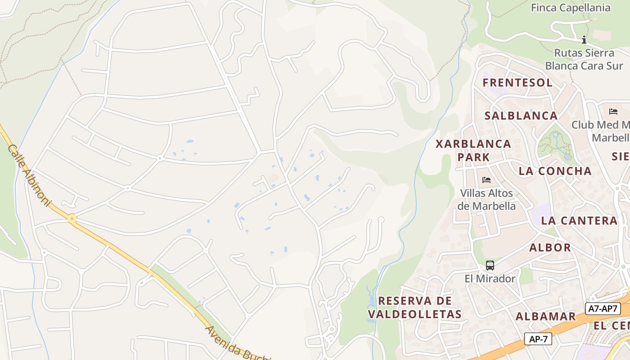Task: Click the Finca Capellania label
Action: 571,8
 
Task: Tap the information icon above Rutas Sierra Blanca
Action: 584,40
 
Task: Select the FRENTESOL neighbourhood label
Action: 517,82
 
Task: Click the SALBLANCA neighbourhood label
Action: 521,116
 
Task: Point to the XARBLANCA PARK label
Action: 473,150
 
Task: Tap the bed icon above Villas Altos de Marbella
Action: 486,180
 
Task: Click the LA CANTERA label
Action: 579,220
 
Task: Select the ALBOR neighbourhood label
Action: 550,247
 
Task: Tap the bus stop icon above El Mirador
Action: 490,265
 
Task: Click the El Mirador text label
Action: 490,279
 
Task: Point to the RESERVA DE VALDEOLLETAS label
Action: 415,307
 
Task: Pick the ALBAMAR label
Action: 545,316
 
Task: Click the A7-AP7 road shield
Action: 603,309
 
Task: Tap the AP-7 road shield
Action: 538,339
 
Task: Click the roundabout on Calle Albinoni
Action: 72,219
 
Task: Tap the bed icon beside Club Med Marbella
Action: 613,111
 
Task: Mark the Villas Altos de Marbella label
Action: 486,199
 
